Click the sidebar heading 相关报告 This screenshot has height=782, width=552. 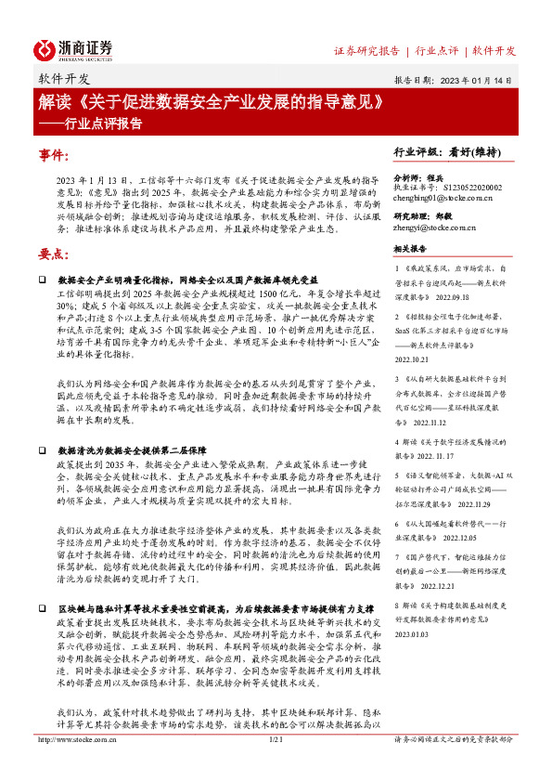pyautogui.click(x=410, y=249)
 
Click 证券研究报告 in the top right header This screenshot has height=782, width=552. pyautogui.click(x=366, y=50)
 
